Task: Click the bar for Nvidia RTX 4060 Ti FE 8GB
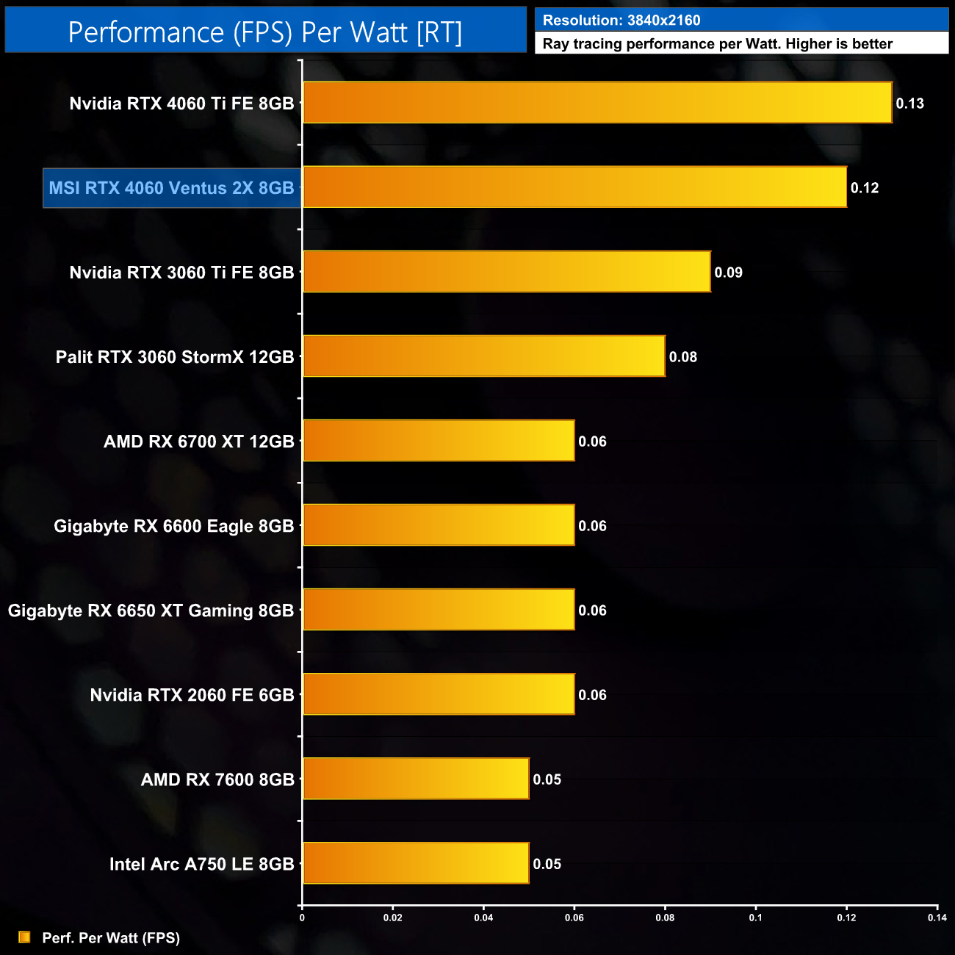(x=597, y=103)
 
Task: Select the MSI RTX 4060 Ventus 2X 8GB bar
(x=574, y=187)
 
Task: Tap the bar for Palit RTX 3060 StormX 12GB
(x=483, y=356)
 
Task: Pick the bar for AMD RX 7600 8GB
(x=416, y=779)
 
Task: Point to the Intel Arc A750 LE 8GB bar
(x=416, y=863)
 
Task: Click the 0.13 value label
(x=909, y=104)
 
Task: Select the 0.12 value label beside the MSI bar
(x=865, y=188)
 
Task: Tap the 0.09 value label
(x=728, y=273)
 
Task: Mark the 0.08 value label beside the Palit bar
(x=682, y=357)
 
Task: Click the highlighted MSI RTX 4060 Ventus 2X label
(x=171, y=188)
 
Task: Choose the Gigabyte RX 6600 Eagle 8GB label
(x=173, y=526)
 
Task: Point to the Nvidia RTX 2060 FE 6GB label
(x=192, y=695)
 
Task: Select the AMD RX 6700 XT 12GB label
(x=198, y=442)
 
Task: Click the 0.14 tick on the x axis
(x=937, y=918)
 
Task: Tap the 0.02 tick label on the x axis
(x=393, y=918)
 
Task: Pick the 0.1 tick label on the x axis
(x=755, y=918)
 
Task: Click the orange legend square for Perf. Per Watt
(x=24, y=937)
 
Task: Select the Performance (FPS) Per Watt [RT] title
(x=265, y=32)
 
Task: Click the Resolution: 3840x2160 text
(x=621, y=21)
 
